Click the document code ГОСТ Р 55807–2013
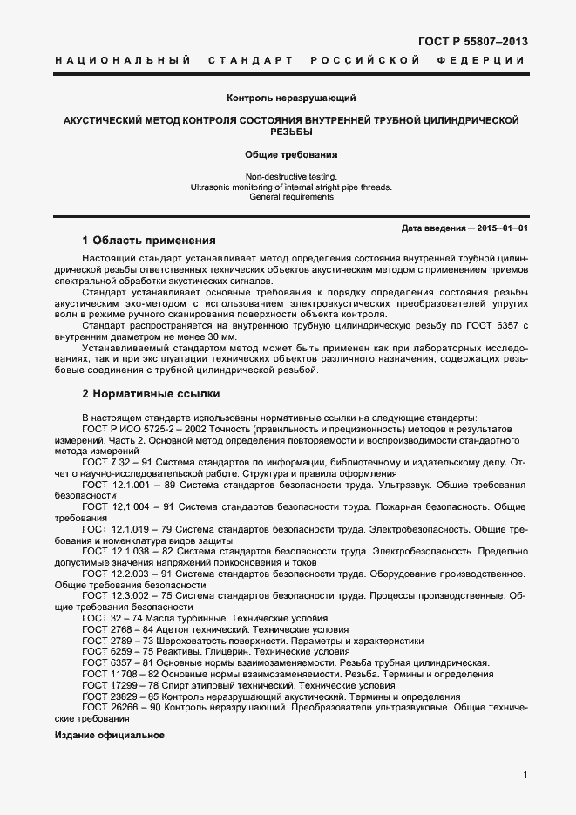coord(473,41)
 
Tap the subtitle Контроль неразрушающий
coord(290,98)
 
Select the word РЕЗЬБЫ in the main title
coord(290,132)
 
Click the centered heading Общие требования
coord(290,154)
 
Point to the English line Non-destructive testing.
coord(290,176)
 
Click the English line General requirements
coord(290,197)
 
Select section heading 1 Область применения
coord(148,240)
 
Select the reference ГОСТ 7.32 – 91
coord(118,461)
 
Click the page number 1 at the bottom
coord(525,774)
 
